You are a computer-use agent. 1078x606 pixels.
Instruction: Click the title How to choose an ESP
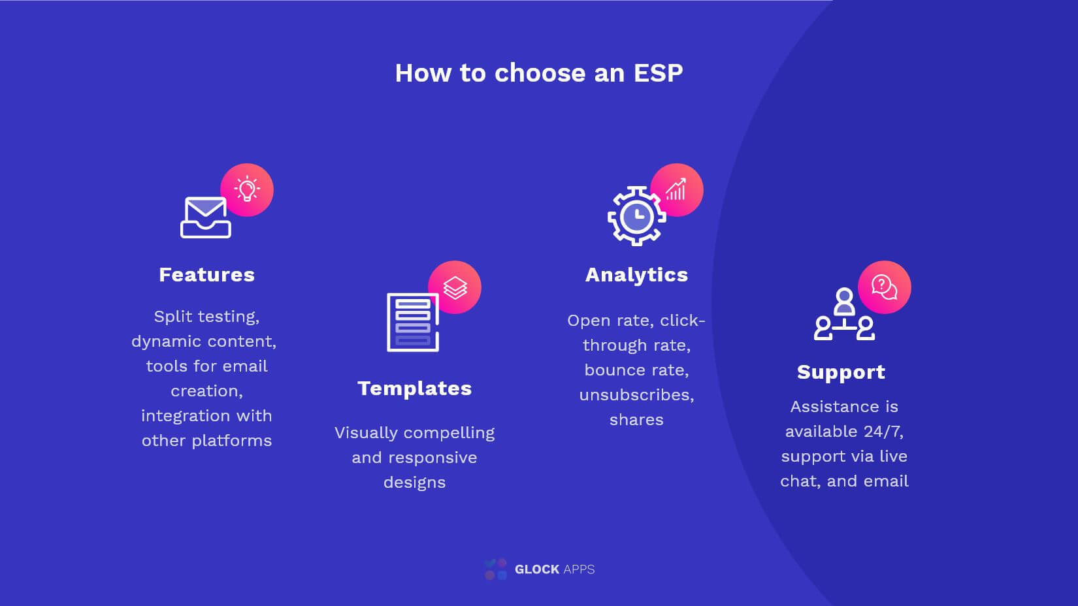pyautogui.click(x=538, y=73)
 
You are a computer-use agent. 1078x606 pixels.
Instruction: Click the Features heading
pyautogui.click(x=207, y=275)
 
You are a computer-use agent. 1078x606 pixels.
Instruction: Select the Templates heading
pyautogui.click(x=415, y=388)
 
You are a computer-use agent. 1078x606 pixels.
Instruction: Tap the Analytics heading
pyautogui.click(x=637, y=275)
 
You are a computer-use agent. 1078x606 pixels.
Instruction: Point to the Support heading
pyautogui.click(x=841, y=372)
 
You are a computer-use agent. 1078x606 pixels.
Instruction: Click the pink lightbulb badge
pyautogui.click(x=247, y=190)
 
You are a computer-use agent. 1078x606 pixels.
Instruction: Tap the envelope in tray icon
pyautogui.click(x=206, y=217)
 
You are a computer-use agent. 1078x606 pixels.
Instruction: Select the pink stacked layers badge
pyautogui.click(x=455, y=287)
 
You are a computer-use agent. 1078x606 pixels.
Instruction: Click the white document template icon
pyautogui.click(x=413, y=322)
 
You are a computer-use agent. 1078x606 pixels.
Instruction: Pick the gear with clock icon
pyautogui.click(x=637, y=216)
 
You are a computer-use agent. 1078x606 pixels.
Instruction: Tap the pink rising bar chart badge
pyautogui.click(x=677, y=190)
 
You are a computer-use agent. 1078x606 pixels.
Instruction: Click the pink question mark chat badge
pyautogui.click(x=885, y=287)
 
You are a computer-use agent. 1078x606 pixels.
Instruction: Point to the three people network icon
pyautogui.click(x=844, y=314)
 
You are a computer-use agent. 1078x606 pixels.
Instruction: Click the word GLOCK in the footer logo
pyautogui.click(x=537, y=569)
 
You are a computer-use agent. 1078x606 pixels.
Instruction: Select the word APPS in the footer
pyautogui.click(x=579, y=569)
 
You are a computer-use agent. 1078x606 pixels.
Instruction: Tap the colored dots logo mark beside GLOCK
pyautogui.click(x=496, y=569)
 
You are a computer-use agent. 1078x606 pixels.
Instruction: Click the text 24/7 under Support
pyautogui.click(x=883, y=432)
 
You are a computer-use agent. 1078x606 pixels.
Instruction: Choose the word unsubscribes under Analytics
pyautogui.click(x=637, y=395)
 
